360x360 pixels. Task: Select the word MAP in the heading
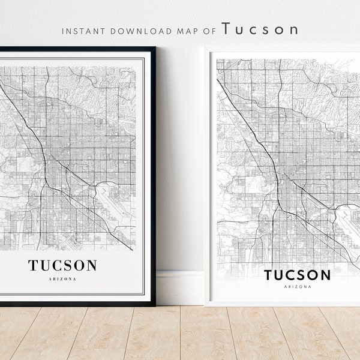pyautogui.click(x=177, y=30)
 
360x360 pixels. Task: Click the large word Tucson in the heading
pyautogui.click(x=260, y=29)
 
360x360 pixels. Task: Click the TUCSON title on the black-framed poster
pyautogui.click(x=62, y=265)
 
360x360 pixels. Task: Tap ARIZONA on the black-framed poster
pyautogui.click(x=62, y=278)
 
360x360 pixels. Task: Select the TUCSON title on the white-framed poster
pyautogui.click(x=298, y=275)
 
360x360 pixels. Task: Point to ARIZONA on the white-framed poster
pyautogui.click(x=298, y=287)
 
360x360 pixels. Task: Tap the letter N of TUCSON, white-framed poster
pyautogui.click(x=324, y=275)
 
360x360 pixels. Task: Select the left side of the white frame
pyautogui.click(x=208, y=180)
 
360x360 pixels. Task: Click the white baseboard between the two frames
pyautogui.click(x=179, y=288)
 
